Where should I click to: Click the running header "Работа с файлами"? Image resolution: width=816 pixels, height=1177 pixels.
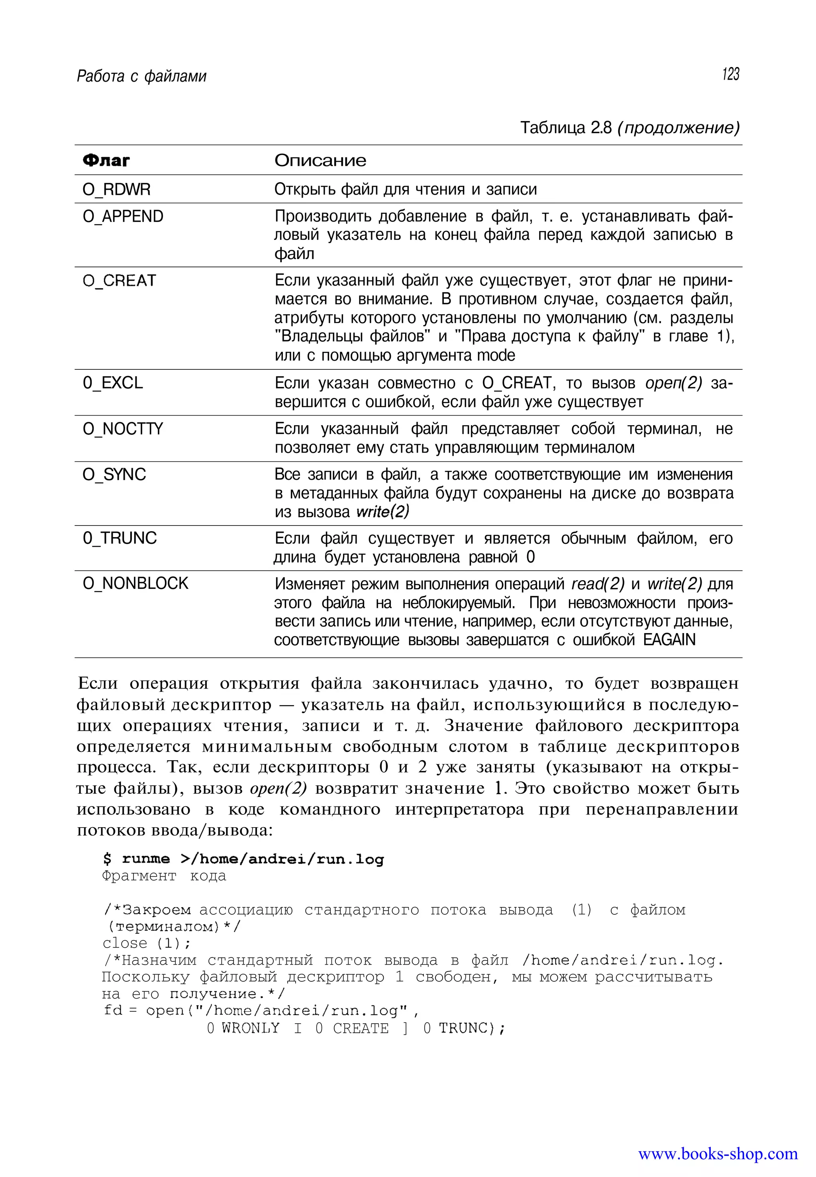(141, 77)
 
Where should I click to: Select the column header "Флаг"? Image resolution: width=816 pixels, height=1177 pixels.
(106, 161)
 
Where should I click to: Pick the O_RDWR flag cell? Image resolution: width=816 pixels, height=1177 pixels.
(117, 190)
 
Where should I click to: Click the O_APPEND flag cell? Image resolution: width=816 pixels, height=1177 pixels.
(123, 217)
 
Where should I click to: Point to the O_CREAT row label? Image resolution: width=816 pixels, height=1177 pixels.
(119, 281)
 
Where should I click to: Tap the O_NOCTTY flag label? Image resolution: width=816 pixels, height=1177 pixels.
(123, 429)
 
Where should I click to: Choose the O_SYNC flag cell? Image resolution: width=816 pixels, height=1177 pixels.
(114, 475)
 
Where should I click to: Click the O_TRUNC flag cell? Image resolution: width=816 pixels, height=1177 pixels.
(120, 538)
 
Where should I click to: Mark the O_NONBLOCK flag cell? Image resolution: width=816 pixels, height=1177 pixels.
(135, 584)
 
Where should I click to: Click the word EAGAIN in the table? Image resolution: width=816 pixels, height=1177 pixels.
(669, 640)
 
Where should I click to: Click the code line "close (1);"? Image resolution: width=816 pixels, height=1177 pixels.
(146, 943)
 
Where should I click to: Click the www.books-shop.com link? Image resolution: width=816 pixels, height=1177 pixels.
(717, 1154)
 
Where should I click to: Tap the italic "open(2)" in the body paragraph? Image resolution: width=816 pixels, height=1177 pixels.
(278, 789)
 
